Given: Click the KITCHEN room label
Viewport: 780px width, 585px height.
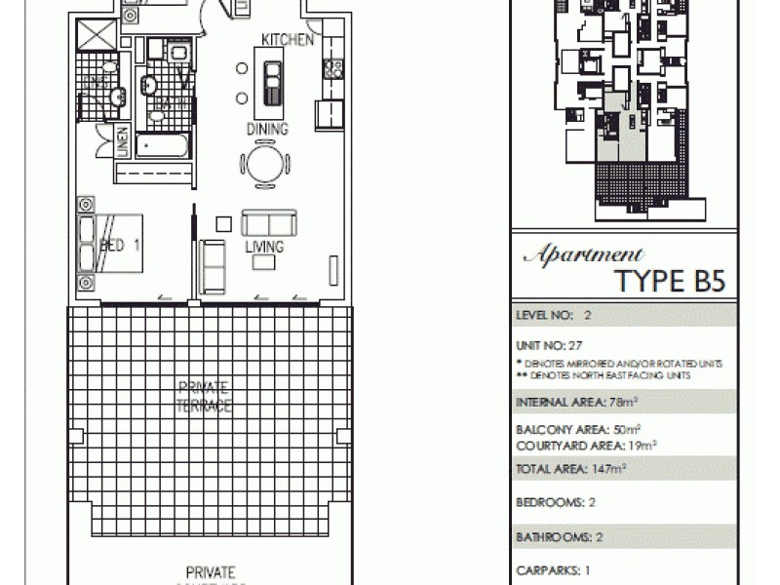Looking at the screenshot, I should tap(288, 40).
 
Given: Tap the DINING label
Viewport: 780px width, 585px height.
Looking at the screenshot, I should tap(267, 130).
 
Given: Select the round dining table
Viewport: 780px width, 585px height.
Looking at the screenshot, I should tap(266, 163).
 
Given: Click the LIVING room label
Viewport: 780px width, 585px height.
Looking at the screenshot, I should tap(264, 248).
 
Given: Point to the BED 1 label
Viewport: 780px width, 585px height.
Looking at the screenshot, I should tap(121, 246).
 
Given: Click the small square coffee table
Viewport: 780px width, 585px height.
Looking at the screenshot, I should tap(224, 223).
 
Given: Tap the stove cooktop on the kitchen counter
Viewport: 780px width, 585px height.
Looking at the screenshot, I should tap(331, 68).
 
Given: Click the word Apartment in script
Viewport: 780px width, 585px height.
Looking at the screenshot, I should tap(583, 255).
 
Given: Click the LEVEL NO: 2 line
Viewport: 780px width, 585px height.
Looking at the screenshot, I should tap(553, 316).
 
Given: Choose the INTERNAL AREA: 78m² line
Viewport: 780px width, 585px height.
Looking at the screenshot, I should tap(569, 401).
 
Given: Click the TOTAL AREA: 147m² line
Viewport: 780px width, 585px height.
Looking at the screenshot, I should tap(569, 469).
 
